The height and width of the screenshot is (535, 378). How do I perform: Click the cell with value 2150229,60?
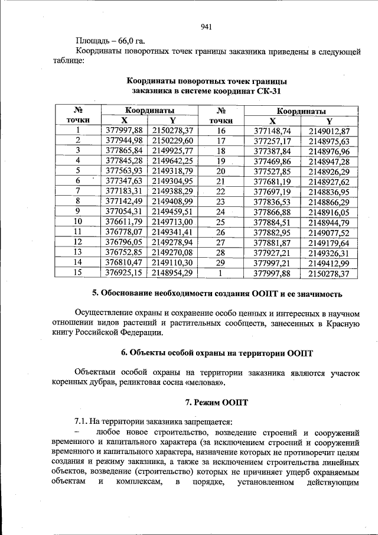(172, 141)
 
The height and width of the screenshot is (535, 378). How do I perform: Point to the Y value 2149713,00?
(172, 222)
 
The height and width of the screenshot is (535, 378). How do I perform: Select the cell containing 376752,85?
(124, 252)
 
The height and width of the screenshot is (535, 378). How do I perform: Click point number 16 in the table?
(221, 131)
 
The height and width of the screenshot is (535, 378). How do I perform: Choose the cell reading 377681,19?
(272, 181)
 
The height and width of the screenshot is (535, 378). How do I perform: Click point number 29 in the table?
(221, 262)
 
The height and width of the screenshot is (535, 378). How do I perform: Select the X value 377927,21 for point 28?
(272, 252)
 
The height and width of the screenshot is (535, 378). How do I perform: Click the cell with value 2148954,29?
(172, 273)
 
